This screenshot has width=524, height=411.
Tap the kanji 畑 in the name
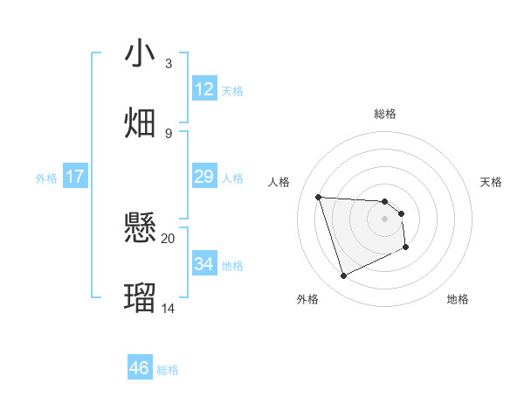tap(140, 122)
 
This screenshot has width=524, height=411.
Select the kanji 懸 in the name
tap(140, 229)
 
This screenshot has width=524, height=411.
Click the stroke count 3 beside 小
tap(168, 64)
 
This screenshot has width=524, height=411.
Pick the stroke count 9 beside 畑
tap(168, 133)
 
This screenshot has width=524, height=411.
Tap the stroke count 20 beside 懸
tap(168, 238)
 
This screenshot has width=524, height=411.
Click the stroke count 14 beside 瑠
tap(168, 308)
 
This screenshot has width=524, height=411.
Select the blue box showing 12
tap(204, 88)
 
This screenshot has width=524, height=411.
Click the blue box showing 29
tap(204, 177)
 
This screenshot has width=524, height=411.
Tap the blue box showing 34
tap(204, 263)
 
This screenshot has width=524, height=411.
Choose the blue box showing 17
tap(75, 177)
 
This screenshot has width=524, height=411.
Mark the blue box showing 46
tap(140, 368)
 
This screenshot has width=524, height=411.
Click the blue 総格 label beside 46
tap(168, 370)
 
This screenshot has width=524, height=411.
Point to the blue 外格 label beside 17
tap(46, 178)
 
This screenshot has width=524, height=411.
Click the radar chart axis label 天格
tap(491, 182)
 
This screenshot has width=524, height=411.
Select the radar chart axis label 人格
tap(279, 182)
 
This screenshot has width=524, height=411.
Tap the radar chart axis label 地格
tap(458, 299)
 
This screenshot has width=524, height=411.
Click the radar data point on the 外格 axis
tap(343, 276)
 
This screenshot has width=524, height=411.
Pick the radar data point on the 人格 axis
tap(319, 197)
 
